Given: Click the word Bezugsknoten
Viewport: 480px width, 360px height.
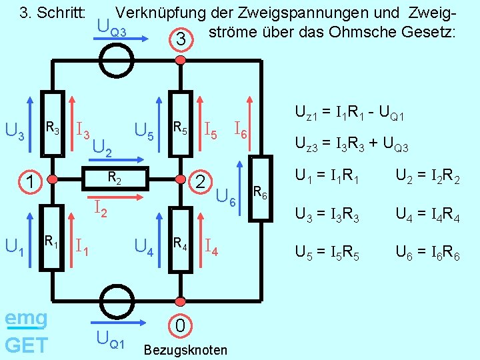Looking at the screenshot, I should [x=185, y=350].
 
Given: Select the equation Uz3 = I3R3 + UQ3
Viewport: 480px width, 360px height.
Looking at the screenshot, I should [x=351, y=146].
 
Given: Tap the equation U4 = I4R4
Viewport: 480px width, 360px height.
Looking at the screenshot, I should [x=427, y=215].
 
